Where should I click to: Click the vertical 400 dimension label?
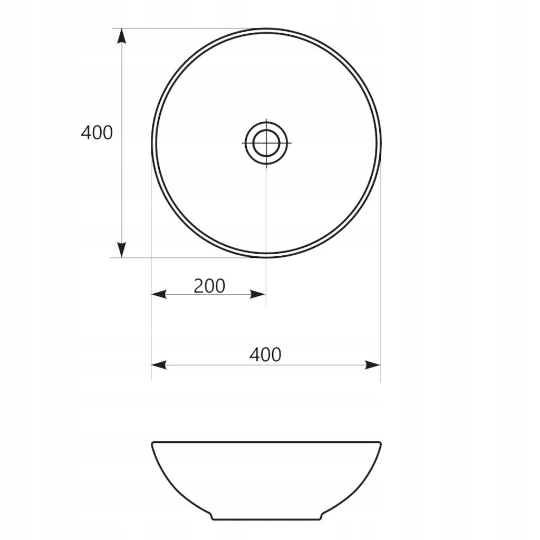click(97, 132)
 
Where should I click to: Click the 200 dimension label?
click(209, 286)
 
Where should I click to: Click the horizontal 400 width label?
click(265, 355)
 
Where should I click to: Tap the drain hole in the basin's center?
click(266, 142)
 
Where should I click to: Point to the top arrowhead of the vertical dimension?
click(121, 36)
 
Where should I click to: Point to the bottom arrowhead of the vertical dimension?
click(121, 249)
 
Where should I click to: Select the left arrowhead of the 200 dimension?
click(159, 294)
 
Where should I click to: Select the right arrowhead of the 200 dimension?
click(257, 294)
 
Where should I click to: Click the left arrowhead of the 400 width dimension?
click(159, 365)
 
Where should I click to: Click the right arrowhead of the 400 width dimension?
click(373, 365)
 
